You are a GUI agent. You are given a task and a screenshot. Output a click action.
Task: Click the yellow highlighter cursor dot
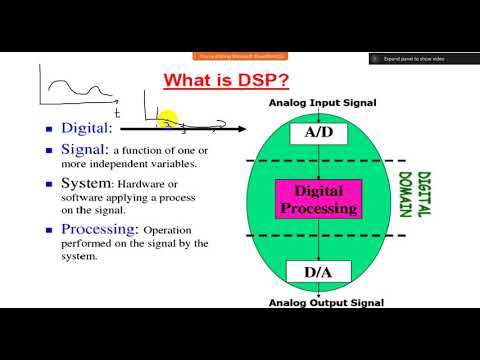point(167,121)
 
